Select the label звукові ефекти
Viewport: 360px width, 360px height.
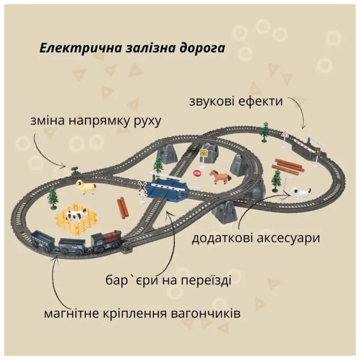pyautogui.click(x=236, y=101)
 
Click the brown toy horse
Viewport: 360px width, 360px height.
pyautogui.click(x=220, y=176)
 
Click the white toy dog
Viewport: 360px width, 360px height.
pyautogui.click(x=301, y=193)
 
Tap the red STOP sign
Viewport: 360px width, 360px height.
pyautogui.click(x=197, y=173)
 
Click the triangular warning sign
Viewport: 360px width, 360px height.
pyautogui.click(x=285, y=134)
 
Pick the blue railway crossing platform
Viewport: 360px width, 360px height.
pyautogui.click(x=167, y=188)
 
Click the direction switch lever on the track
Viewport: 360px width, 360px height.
pyautogui.click(x=75, y=170)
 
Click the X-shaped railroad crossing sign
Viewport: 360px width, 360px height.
pyautogui.click(x=142, y=186)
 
